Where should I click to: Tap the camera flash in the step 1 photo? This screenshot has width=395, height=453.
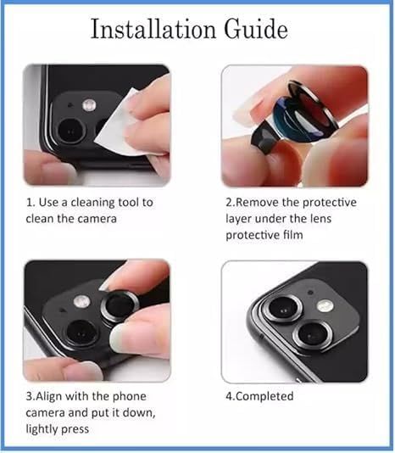(89, 104)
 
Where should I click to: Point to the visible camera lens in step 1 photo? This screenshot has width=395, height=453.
(70, 130)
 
